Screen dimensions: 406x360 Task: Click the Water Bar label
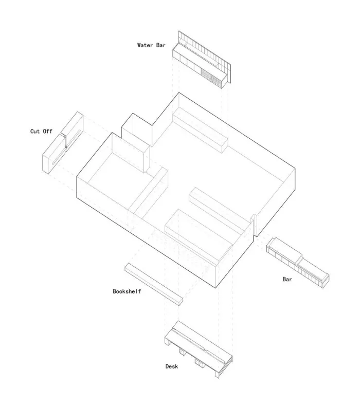[151, 45]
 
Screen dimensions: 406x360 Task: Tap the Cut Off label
[41, 132]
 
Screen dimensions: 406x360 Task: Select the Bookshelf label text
[127, 291]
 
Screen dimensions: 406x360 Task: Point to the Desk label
[172, 366]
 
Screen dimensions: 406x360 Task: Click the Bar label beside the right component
[287, 280]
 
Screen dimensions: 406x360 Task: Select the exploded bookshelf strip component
[153, 284]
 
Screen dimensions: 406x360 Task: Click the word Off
[47, 132]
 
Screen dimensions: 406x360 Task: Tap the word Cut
[35, 132]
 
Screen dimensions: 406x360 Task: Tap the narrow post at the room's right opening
[253, 226]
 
